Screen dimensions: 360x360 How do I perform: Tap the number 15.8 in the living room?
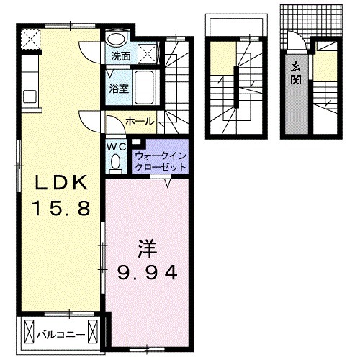coord(60,209)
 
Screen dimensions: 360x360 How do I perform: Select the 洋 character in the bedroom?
coord(146,248)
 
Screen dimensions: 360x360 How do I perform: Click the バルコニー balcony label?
coord(60,334)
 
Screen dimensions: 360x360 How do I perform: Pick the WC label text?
coord(117,146)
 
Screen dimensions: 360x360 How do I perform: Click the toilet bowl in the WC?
coord(117,163)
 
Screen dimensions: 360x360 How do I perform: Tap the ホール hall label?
coord(138,122)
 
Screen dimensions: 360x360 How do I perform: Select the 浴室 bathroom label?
coord(120,90)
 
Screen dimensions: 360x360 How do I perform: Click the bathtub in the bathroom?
coord(147,87)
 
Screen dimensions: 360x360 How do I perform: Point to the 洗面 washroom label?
coord(120,55)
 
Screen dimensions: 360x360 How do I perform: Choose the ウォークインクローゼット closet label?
coord(161,160)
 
